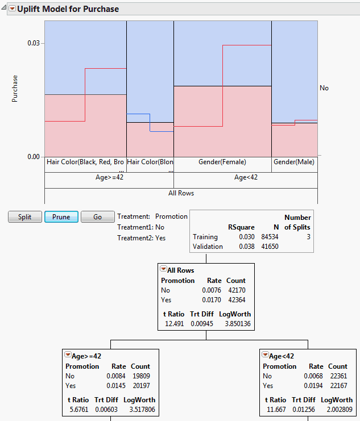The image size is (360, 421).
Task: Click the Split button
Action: [x=25, y=217]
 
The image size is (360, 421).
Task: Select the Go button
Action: [x=97, y=217]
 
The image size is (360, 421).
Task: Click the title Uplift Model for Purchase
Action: [x=68, y=9]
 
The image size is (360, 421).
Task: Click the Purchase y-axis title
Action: [x=15, y=88]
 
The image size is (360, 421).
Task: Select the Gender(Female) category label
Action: [x=222, y=162]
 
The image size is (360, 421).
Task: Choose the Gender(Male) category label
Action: [x=294, y=162]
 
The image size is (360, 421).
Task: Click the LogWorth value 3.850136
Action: [x=235, y=324]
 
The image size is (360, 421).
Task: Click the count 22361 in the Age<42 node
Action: [x=337, y=376]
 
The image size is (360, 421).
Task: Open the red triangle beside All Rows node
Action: [x=163, y=270]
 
